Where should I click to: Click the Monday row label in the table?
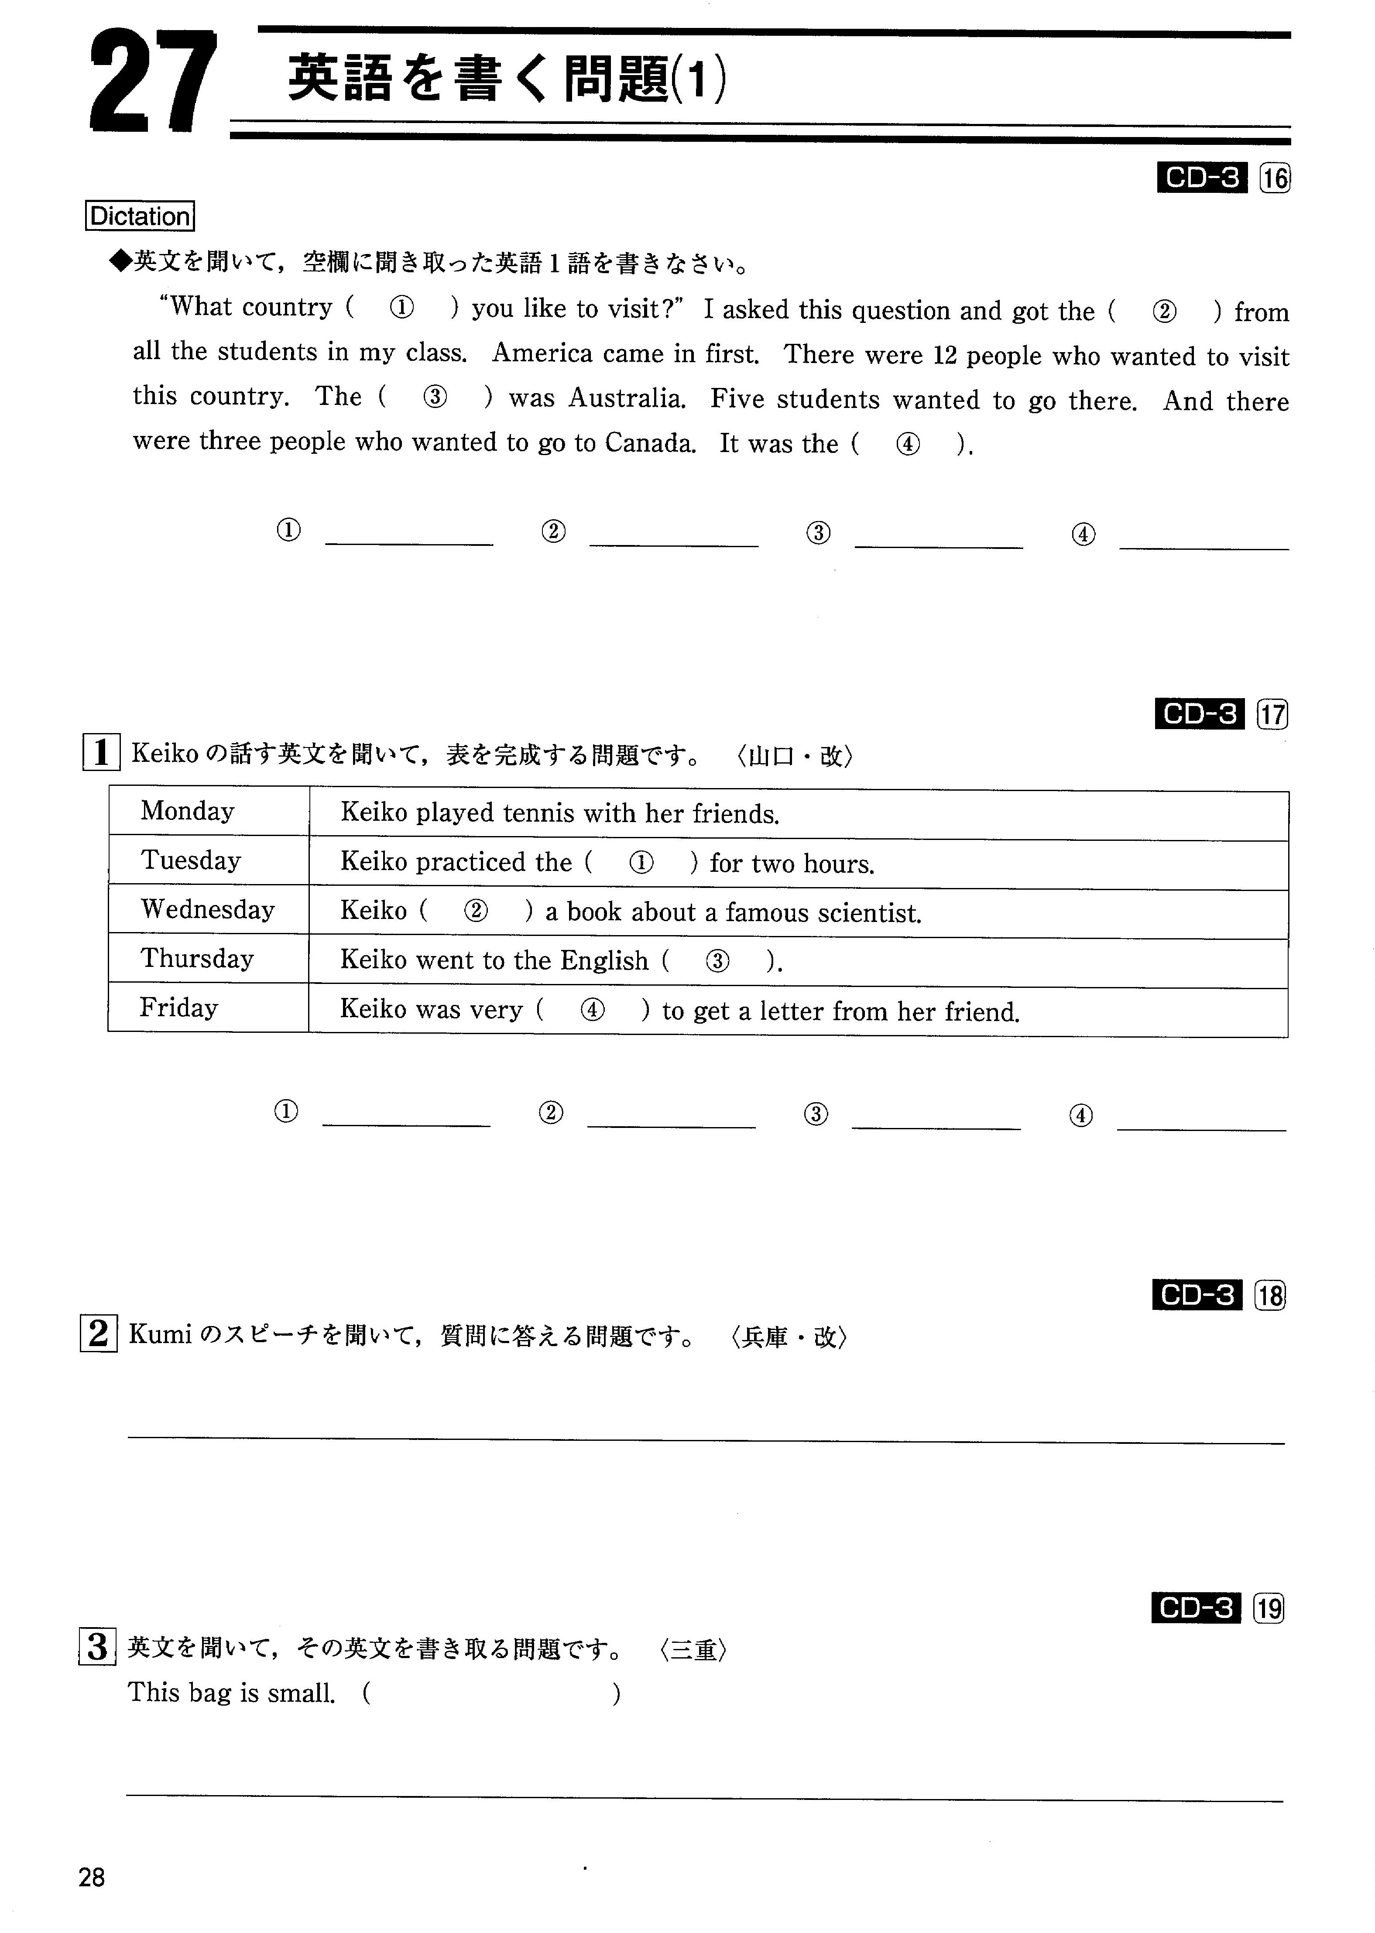[187, 811]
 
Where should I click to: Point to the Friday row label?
[178, 1008]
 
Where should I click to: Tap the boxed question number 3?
[97, 1647]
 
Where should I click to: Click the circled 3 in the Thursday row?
[717, 961]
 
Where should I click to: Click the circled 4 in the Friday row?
[593, 1010]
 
